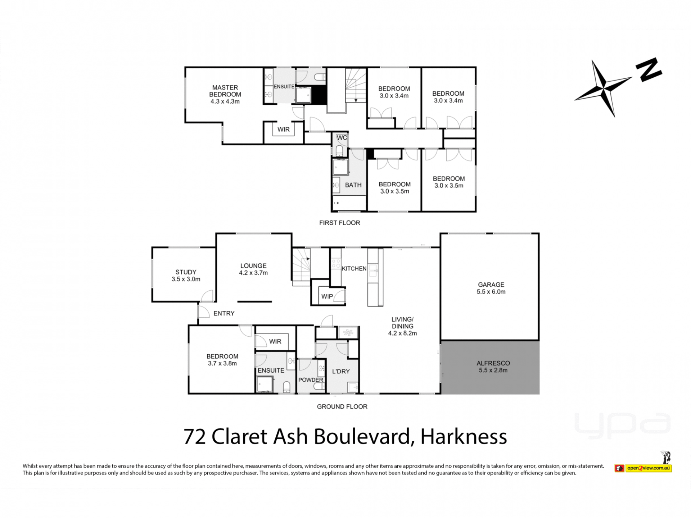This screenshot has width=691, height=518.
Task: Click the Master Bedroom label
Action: pos(225,94)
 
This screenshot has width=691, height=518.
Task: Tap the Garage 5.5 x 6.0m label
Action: pos(491,288)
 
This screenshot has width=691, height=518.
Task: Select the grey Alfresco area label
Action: pos(493,367)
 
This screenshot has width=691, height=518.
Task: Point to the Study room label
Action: pos(186,276)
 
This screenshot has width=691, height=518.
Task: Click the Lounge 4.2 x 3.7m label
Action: pos(253,269)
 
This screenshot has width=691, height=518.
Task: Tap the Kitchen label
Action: pos(354,268)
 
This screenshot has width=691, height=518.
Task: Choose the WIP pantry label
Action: pos(327,296)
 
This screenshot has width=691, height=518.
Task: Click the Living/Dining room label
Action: pos(402,326)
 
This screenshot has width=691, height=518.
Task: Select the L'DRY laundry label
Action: pos(341,371)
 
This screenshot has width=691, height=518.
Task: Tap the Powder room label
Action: pos(311,380)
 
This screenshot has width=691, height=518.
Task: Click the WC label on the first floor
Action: pos(342,138)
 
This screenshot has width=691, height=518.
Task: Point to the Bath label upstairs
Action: pos(353,185)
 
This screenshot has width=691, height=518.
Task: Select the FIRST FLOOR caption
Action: pos(339,223)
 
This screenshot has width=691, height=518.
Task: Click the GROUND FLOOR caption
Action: pos(342,406)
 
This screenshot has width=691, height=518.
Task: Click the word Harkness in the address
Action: pos(464,437)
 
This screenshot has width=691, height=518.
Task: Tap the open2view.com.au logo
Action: pos(643,468)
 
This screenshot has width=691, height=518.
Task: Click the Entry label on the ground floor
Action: pos(224,313)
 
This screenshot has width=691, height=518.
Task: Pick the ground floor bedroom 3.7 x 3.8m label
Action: pos(222,360)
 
